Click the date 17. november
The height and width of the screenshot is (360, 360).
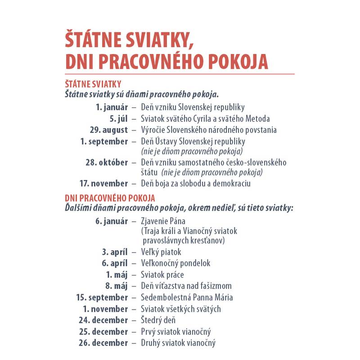click(103, 184)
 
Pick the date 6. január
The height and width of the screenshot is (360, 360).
click(111, 221)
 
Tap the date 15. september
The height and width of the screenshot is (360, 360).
click(102, 297)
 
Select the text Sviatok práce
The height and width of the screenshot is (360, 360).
click(162, 275)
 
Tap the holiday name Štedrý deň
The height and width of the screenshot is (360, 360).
click(158, 320)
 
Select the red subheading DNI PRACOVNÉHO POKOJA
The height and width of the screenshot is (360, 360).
click(110, 198)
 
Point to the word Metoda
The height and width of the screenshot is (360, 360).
click(256, 119)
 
